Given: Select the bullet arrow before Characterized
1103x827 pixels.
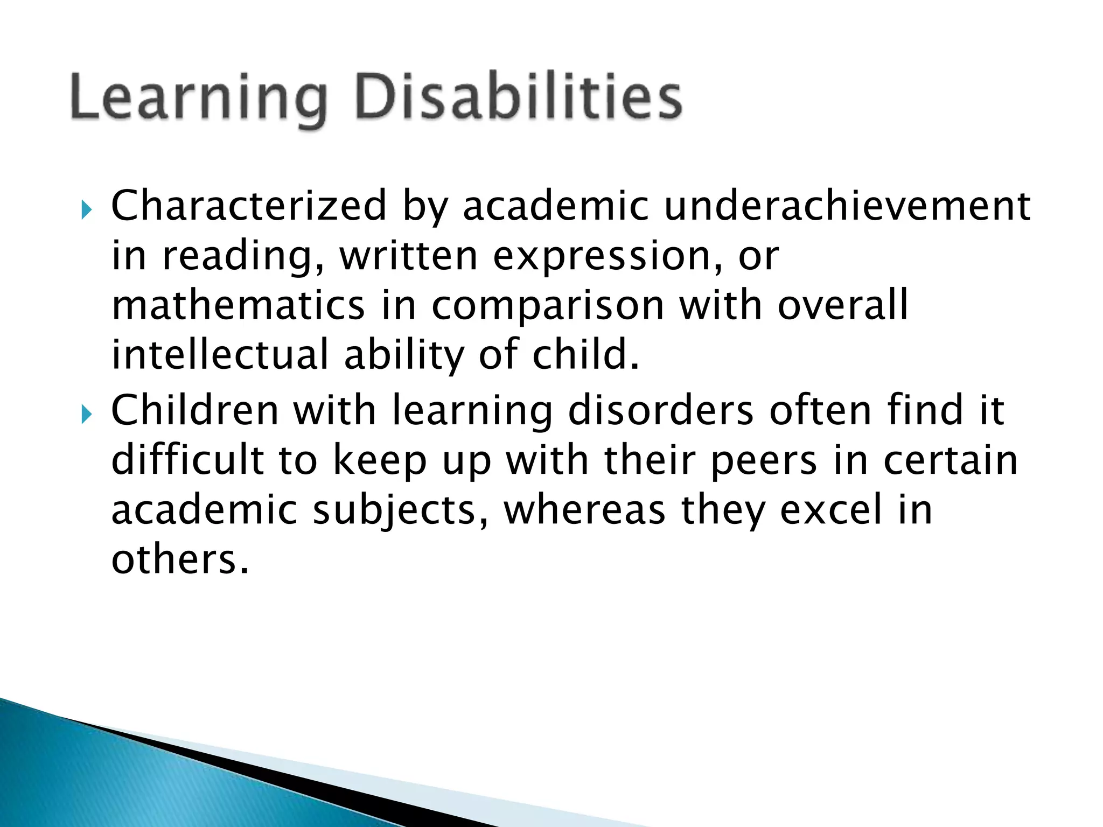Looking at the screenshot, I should point(86,209).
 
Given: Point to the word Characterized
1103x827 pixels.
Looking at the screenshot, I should point(249,206).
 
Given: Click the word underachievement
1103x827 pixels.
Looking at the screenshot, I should point(847,206).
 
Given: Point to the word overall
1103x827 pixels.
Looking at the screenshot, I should point(843,305).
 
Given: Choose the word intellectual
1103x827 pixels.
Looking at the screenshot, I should point(220,354).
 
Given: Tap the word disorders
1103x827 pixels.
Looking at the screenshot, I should point(661,410).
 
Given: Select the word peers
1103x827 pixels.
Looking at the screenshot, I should point(764,461).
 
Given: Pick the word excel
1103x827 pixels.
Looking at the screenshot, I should point(832,509).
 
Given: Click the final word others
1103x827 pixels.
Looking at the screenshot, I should point(180,559).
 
